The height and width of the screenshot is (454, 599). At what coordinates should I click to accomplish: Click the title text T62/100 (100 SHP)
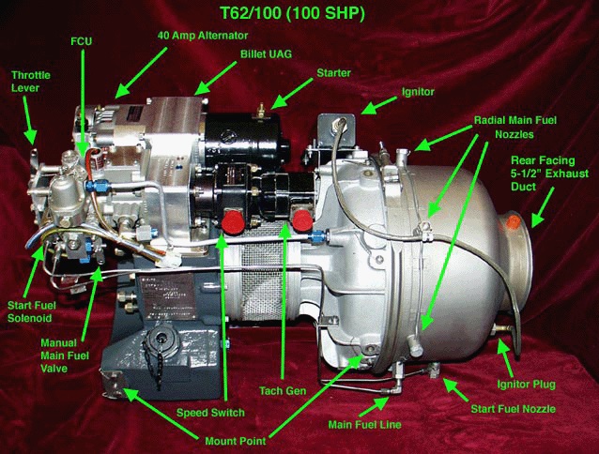(293, 13)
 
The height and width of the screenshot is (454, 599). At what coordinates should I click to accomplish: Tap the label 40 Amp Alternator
(203, 36)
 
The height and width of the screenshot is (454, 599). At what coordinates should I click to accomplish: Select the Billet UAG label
(266, 53)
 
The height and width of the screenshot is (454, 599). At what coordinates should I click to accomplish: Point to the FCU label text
(82, 41)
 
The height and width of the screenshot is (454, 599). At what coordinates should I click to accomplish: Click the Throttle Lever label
(31, 82)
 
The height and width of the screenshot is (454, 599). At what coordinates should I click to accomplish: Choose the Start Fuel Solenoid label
(32, 311)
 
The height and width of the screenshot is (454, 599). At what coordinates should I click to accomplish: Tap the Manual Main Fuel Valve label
(65, 356)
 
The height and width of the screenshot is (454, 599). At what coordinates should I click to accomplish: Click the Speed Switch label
(210, 413)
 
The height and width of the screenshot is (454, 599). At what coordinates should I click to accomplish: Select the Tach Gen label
(283, 390)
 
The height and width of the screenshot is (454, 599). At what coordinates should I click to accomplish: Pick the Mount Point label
(236, 441)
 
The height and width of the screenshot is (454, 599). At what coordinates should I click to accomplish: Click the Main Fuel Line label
(365, 424)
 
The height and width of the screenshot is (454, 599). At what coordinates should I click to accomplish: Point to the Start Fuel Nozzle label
(513, 409)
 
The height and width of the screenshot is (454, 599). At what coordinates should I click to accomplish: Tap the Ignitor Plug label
(527, 385)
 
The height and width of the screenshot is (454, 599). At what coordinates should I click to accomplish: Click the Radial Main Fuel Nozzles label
(515, 127)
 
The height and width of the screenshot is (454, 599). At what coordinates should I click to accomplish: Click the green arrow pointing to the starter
(292, 94)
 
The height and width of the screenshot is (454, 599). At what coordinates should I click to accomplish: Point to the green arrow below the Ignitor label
(379, 105)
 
